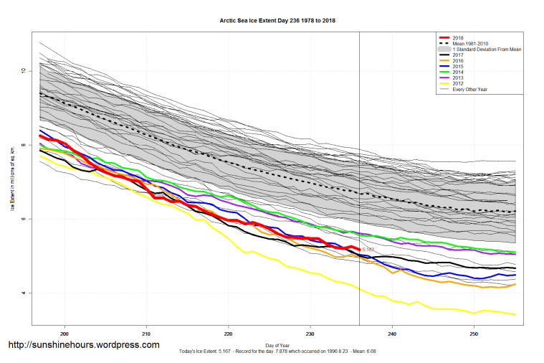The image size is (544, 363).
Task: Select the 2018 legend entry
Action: pyautogui.click(x=459, y=37)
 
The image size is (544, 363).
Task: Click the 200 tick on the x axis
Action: pyautogui.click(x=65, y=334)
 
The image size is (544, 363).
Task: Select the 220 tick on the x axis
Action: pyautogui.click(x=229, y=334)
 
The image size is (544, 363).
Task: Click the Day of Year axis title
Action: pyautogui.click(x=277, y=345)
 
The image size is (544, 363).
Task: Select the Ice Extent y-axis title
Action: pyautogui.click(x=12, y=181)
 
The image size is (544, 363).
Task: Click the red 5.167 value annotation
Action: pyautogui.click(x=368, y=250)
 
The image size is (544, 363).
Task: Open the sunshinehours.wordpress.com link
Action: pyautogui.click(x=83, y=345)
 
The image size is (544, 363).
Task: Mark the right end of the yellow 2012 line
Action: pyautogui.click(x=516, y=314)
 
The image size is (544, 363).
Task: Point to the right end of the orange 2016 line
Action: pyautogui.click(x=516, y=284)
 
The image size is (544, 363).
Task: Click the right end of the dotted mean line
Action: pyautogui.click(x=516, y=212)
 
